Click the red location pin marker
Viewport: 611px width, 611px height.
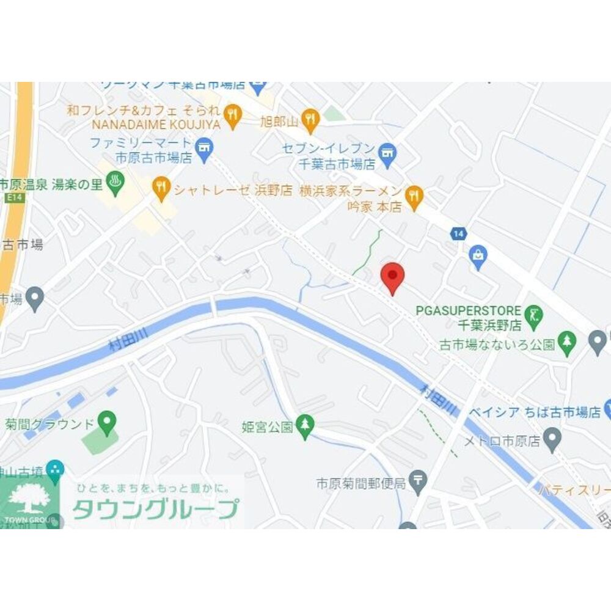tap(392, 277)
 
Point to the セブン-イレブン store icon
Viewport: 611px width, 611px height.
tap(387, 153)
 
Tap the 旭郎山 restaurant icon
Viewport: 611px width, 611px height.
tap(311, 119)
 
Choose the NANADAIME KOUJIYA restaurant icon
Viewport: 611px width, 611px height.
tap(232, 114)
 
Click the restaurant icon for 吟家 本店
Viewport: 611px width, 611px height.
tap(414, 196)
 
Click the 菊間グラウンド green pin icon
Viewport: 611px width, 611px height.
tap(108, 420)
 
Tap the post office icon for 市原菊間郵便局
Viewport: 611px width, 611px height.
tap(418, 481)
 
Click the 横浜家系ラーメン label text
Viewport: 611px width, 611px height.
tap(351, 191)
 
